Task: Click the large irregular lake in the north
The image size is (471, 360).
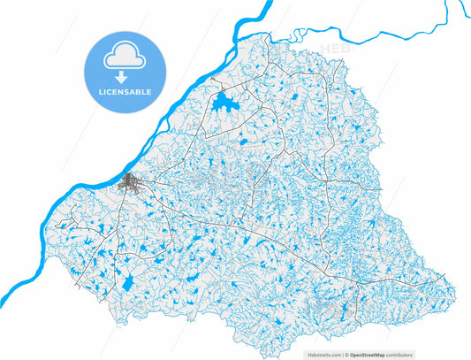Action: tap(221, 103)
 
